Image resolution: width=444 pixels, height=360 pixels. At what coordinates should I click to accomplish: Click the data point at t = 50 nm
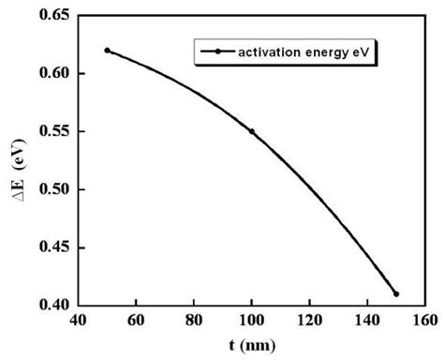108,51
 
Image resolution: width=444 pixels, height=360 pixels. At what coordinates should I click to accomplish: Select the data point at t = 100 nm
252,131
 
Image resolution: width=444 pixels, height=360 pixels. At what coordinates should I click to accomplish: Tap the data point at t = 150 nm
396,293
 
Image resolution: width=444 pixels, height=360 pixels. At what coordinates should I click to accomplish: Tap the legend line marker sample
216,52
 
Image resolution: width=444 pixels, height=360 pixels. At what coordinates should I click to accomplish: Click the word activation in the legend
268,52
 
